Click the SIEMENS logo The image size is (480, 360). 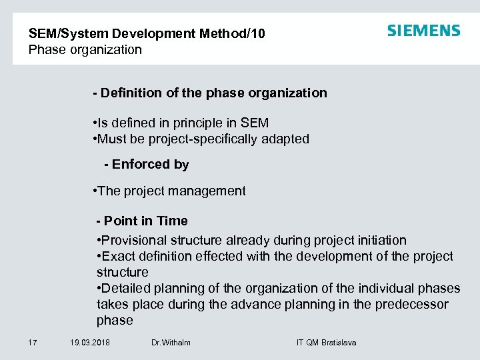(x=423, y=31)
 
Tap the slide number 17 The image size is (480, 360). (x=32, y=343)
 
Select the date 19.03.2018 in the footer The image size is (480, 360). (x=90, y=343)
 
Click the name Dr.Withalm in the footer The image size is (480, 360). (x=171, y=343)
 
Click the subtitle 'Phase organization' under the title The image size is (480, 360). (x=85, y=49)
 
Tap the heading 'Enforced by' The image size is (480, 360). (x=150, y=164)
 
